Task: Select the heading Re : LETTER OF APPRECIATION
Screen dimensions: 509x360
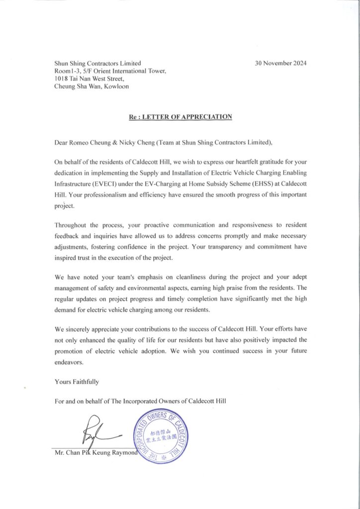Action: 180,117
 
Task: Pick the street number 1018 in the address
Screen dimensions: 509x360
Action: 62,79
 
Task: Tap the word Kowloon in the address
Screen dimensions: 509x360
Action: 114,86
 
